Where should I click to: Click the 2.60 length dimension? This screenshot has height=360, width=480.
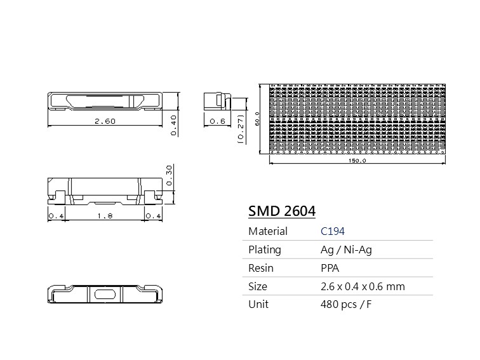[x=105, y=121]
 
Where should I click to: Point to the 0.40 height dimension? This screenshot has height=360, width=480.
[x=173, y=125]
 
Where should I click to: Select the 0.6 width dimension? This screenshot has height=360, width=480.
[x=217, y=121]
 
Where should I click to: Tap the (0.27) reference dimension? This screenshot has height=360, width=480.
[x=241, y=129]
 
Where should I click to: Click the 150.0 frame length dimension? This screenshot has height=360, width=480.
[x=357, y=161]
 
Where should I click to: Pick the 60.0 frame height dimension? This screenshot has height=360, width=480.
[x=257, y=119]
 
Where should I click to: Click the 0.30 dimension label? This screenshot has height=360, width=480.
[x=169, y=175]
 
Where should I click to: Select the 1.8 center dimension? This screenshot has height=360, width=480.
[x=105, y=216]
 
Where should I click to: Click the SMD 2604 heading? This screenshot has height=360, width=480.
[x=282, y=211]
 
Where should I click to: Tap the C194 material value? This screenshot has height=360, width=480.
[x=333, y=231]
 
